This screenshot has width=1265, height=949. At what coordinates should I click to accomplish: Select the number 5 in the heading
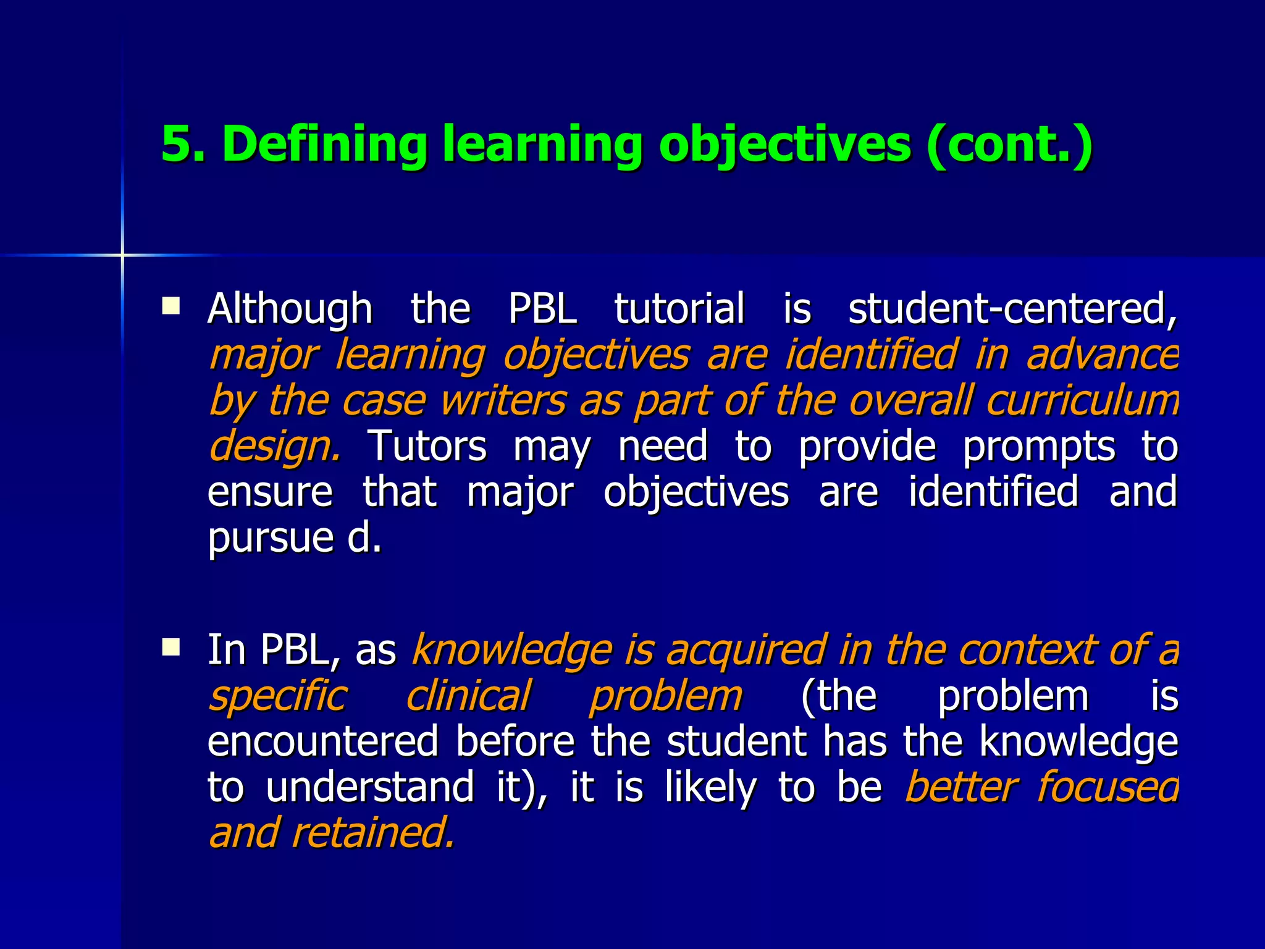pos(175,144)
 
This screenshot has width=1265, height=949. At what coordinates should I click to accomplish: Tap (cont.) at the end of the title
pos(1009,144)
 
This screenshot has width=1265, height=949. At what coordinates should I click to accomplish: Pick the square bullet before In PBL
pos(170,647)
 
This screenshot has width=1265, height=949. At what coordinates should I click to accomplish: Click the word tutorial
pos(679,308)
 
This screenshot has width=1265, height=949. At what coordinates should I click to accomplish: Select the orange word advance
pos(1102,355)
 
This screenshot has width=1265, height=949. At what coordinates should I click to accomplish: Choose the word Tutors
pos(427,446)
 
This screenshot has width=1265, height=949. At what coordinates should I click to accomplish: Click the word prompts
pos(1039,446)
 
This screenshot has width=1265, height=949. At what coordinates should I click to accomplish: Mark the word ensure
pos(270,492)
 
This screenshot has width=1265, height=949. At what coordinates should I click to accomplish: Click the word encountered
pos(323,741)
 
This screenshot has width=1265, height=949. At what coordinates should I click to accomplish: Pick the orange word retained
pos(373,833)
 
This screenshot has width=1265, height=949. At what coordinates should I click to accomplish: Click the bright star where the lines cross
pos(122,255)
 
